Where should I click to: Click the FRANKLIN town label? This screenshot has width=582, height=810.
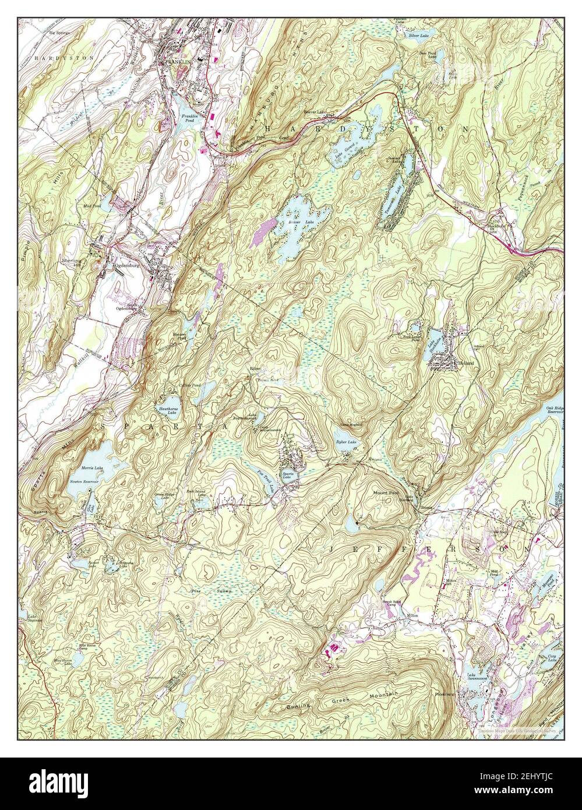click(175, 61)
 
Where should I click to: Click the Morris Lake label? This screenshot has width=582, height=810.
click(93, 467)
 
